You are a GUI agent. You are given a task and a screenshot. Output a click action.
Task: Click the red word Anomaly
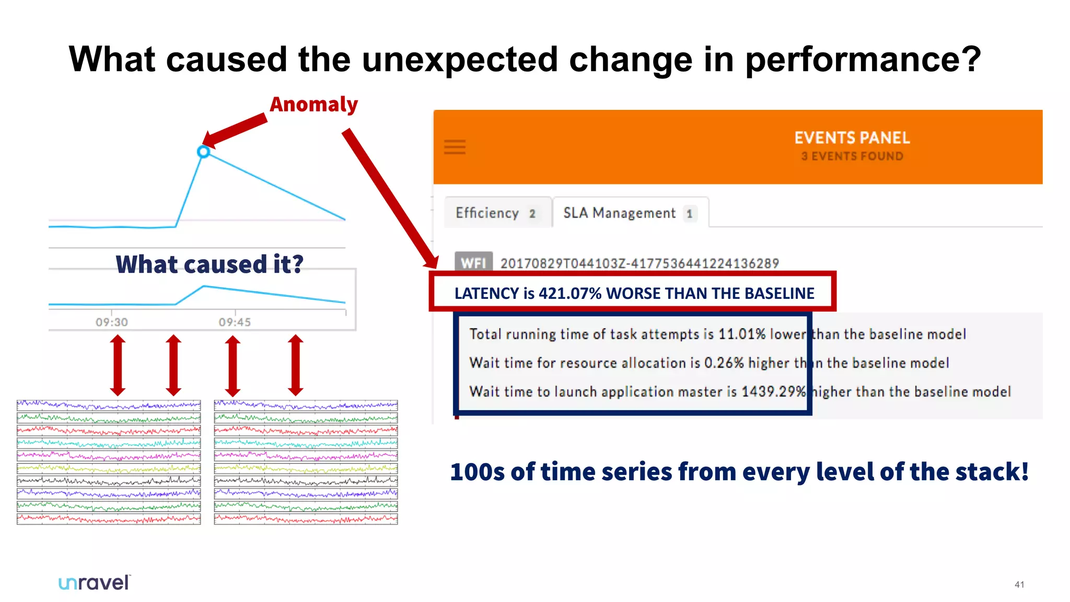[313, 105]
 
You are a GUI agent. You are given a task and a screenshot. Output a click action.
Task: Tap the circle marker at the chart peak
[204, 152]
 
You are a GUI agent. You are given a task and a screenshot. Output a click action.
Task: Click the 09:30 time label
[111, 322]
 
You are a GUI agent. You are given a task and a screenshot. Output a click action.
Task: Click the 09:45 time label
[235, 322]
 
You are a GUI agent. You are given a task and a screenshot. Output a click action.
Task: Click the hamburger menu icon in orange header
[455, 147]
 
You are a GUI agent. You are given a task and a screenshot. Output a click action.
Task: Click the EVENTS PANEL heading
[852, 138]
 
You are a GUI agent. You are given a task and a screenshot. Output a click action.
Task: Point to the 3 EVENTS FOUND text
[852, 156]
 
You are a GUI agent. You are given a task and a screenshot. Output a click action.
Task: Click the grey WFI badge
[473, 263]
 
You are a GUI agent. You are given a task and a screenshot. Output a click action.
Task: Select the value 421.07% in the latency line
[570, 293]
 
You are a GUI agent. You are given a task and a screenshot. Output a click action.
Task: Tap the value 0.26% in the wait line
[724, 363]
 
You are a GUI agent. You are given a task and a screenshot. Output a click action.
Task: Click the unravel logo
[94, 583]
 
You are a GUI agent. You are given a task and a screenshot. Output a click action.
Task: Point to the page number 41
[1019, 585]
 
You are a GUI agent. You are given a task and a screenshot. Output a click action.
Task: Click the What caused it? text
[209, 264]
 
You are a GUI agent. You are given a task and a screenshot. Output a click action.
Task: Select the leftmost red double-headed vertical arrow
[118, 365]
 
